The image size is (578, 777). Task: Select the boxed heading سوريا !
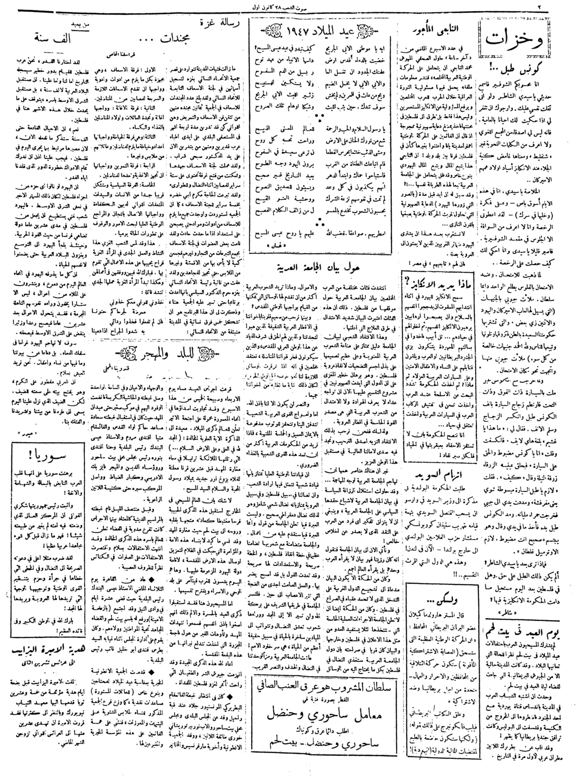pos(47,456)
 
